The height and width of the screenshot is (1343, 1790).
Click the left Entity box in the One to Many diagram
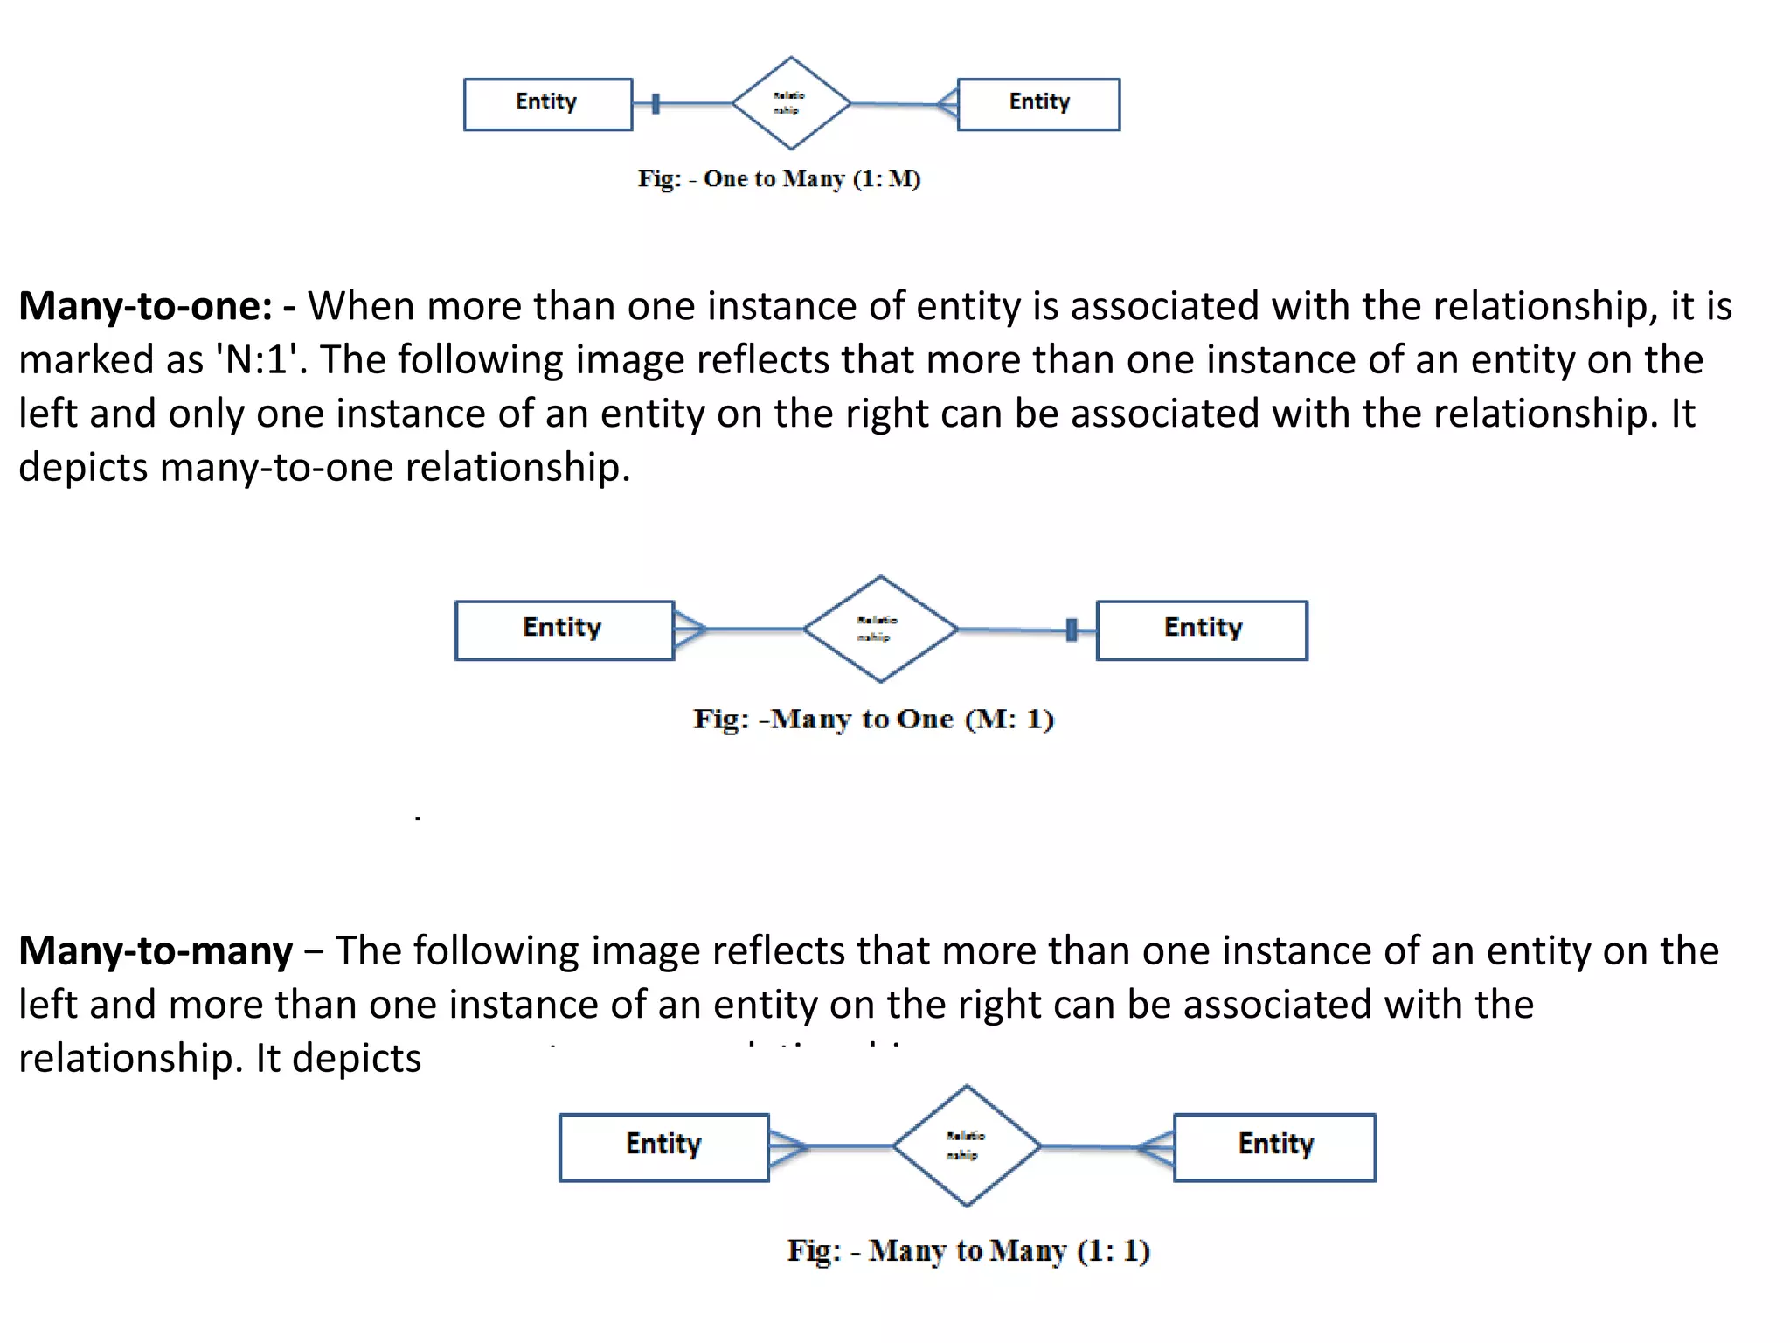[547, 104]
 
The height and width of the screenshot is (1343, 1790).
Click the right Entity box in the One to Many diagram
[1038, 104]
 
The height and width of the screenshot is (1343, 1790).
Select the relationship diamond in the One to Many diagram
[791, 103]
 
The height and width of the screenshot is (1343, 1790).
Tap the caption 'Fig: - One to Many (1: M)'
[779, 179]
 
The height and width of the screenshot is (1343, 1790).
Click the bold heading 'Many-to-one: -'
[157, 307]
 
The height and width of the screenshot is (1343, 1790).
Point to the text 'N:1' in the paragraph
[257, 360]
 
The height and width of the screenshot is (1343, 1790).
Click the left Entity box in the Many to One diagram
[564, 630]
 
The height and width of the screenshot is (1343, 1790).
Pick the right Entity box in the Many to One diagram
[1202, 630]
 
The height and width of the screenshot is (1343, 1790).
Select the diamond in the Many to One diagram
[880, 629]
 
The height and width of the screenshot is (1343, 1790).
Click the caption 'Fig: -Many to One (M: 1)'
[873, 720]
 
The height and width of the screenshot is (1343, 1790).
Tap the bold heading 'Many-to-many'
[156, 951]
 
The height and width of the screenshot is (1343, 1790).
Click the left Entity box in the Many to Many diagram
[663, 1146]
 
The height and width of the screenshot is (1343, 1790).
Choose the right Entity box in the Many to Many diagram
[1274, 1146]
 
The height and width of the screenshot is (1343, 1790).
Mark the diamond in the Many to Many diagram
[967, 1145]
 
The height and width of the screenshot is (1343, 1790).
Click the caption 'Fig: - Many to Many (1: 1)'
[968, 1251]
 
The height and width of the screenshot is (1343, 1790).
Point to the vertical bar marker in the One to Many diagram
[656, 104]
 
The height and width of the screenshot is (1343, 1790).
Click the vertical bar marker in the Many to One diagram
[1072, 630]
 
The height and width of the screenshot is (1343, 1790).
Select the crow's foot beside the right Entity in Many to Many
[1156, 1146]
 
